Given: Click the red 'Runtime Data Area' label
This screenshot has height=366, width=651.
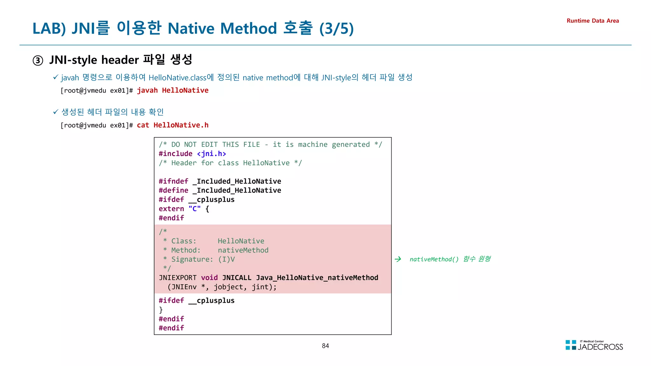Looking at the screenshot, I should (593, 21).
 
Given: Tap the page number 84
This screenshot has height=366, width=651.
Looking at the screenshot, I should (325, 346).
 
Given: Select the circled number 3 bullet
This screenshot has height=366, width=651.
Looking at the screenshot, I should (38, 60).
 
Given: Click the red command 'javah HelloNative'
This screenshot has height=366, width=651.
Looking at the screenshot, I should (173, 91).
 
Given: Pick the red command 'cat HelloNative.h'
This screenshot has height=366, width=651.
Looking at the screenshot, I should (173, 125).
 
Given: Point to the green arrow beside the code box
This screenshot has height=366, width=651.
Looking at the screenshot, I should (398, 259).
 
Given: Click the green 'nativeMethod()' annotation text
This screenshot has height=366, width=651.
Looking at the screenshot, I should (434, 259).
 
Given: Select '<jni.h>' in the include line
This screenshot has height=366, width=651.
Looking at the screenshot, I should (211, 154).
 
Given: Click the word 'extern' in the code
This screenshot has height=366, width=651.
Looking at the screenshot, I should (171, 209).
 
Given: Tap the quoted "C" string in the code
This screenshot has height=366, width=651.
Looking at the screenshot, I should (195, 209).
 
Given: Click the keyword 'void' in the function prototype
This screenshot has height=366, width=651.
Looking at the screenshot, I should (209, 278).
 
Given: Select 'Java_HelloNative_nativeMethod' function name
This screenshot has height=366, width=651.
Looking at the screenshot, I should (317, 278).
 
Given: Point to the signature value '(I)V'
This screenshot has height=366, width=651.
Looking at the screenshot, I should (226, 259).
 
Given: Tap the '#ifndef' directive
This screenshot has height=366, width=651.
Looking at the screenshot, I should (174, 181).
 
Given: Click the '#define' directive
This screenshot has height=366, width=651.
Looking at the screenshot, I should (174, 190).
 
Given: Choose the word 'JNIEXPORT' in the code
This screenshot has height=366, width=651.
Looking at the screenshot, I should (178, 278).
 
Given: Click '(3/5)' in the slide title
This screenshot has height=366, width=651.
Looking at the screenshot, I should (336, 29).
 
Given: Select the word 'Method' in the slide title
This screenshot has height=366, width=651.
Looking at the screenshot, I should (249, 29).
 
